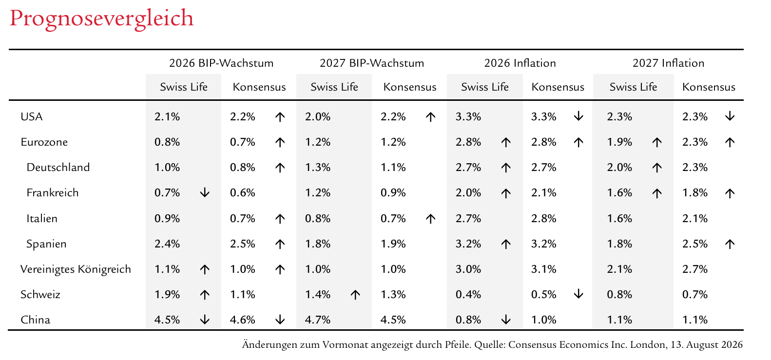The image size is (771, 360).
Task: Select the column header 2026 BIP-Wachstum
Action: pos(221,63)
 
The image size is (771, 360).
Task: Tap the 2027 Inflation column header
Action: pos(669,63)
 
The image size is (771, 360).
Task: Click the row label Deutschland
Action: pos(58,167)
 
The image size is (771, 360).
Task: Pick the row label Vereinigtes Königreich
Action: pos(76,269)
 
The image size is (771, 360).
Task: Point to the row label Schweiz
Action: pos(40,295)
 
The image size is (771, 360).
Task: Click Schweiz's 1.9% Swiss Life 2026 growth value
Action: pos(167,295)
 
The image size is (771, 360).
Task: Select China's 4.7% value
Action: pos(318,320)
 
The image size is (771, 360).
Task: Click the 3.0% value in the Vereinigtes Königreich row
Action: pos(468,269)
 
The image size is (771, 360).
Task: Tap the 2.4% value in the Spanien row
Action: pos(167,244)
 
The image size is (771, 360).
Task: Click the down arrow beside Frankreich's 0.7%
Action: pos(205,192)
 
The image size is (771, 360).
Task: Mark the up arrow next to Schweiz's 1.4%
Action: pos(355,295)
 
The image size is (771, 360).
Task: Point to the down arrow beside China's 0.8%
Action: pos(505,320)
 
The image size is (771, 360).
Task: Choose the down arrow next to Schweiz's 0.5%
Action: pos(578,294)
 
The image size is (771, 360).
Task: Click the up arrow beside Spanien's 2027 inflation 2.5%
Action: pos(730,244)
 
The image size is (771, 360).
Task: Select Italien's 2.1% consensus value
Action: pos(695,218)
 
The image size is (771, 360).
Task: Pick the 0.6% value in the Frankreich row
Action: pos(243,192)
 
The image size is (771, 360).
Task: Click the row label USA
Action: pos(31,117)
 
